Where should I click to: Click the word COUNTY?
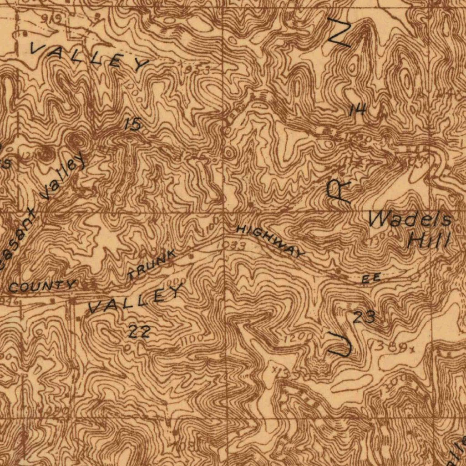coord(42,286)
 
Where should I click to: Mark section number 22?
coord(139,332)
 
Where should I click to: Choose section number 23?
coord(365,317)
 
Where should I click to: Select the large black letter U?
coord(339,344)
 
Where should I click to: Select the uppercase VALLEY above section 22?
coord(136,299)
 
